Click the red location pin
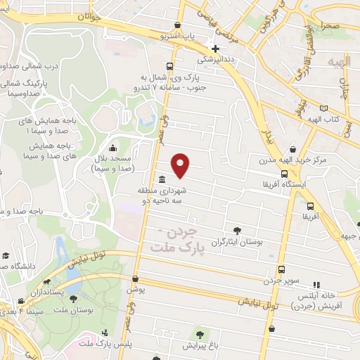(181, 165)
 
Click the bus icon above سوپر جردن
(281, 269)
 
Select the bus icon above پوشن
(135, 279)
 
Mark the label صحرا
(332, 25)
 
